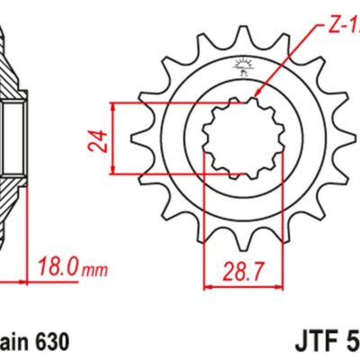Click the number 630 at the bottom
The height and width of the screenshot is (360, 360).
tap(48, 343)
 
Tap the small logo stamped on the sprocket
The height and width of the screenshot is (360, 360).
tap(239, 64)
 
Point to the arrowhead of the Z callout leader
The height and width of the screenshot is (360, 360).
tap(258, 93)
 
